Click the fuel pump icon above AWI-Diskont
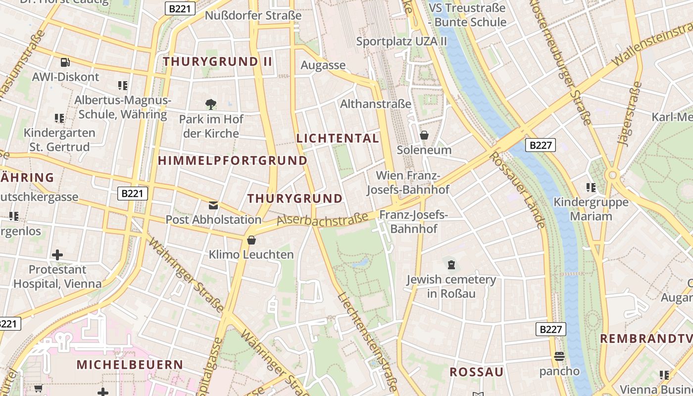pyautogui.click(x=65, y=62)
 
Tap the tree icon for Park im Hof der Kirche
pyautogui.click(x=211, y=104)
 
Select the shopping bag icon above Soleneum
pyautogui.click(x=424, y=135)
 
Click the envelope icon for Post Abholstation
pyautogui.click(x=213, y=205)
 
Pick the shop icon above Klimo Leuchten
pyautogui.click(x=251, y=240)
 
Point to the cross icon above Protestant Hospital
pyautogui.click(x=57, y=255)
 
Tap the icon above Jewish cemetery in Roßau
pyautogui.click(x=451, y=265)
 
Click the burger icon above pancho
pyautogui.click(x=559, y=356)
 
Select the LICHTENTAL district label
pyautogui.click(x=338, y=139)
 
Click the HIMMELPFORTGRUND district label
pyautogui.click(x=233, y=160)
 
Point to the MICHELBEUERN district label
pyautogui.click(x=130, y=365)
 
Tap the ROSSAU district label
pyautogui.click(x=476, y=372)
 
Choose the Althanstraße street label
pyautogui.click(x=376, y=104)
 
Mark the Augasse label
pyautogui.click(x=323, y=65)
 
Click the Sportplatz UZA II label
pyautogui.click(x=401, y=41)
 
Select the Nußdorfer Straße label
pyautogui.click(x=253, y=15)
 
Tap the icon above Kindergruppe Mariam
pyautogui.click(x=591, y=188)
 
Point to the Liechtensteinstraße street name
pyautogui.click(x=368, y=342)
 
